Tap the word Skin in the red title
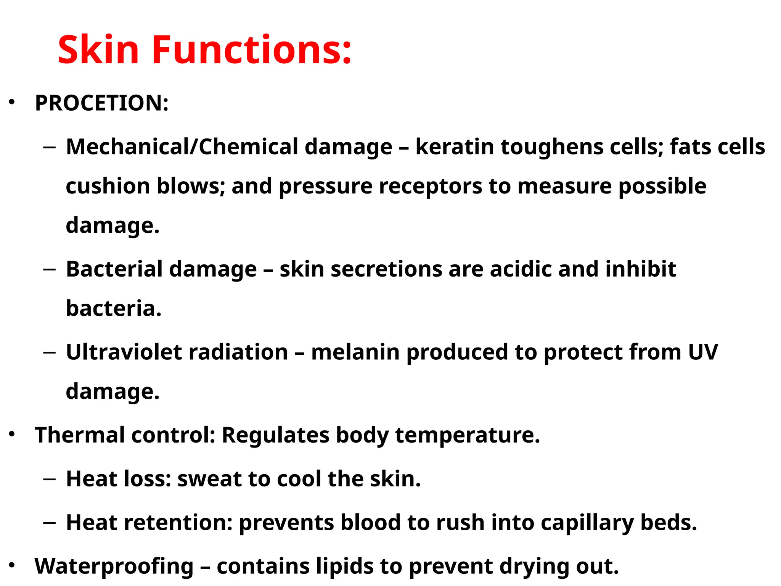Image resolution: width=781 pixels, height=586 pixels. point(98,50)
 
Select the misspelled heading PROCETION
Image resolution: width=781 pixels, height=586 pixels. point(101,103)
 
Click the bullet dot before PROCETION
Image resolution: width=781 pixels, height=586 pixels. point(12,102)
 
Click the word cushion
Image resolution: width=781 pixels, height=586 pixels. point(108,186)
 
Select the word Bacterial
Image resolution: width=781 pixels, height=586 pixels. point(114,269)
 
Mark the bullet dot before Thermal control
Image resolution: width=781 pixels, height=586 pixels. point(12,434)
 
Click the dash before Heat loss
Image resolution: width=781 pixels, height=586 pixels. point(50,479)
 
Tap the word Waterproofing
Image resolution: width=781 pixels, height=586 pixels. point(114,567)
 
